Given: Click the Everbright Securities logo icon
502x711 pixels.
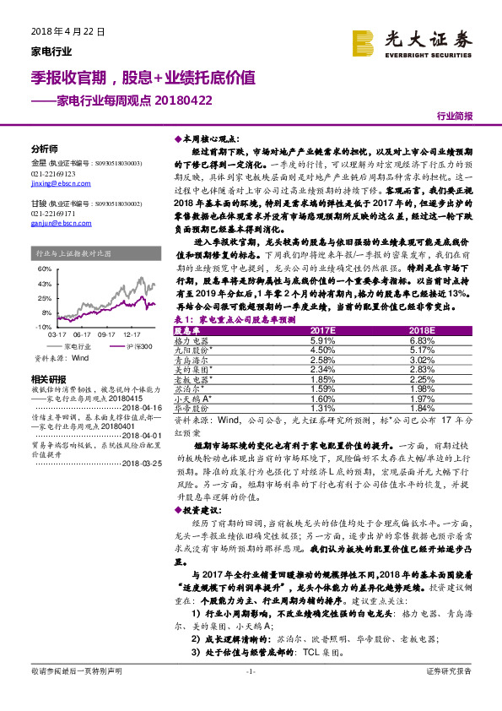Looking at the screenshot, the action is tap(364, 42).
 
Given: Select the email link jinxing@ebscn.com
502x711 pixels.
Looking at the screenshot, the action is tap(54, 182).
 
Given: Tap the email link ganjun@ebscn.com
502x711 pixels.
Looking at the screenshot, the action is tap(54, 223).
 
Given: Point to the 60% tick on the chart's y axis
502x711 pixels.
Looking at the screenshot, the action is tap(44, 269).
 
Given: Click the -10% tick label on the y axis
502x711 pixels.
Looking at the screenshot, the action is tap(43, 326).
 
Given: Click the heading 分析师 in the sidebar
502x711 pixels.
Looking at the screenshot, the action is tap(44, 147).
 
